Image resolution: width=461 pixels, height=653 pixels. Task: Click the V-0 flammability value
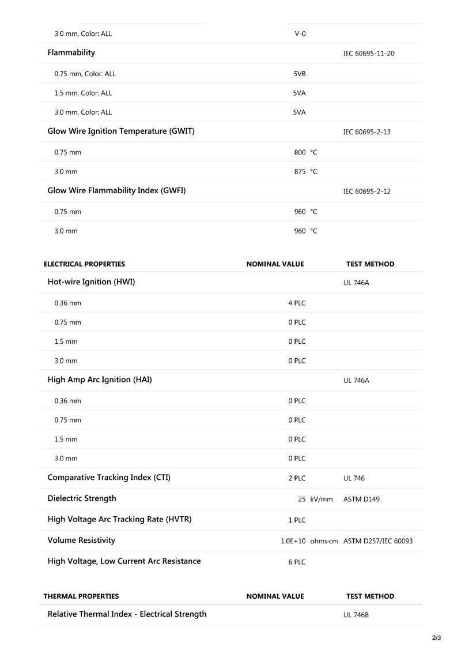pos(300,33)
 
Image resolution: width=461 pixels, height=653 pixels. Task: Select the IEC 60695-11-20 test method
pos(368,54)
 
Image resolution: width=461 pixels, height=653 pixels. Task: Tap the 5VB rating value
pos(299,74)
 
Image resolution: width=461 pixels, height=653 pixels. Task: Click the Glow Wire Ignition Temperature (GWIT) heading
pos(121,132)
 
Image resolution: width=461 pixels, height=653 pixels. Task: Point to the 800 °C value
pos(305,152)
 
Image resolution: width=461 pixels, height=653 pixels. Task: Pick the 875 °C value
pos(305,172)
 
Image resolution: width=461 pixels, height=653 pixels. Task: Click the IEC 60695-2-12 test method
pos(366,191)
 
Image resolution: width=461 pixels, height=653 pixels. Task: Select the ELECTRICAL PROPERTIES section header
pos(84,264)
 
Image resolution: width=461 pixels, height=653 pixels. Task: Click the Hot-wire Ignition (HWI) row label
pos(91,282)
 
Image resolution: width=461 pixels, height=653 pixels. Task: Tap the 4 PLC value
pos(297,303)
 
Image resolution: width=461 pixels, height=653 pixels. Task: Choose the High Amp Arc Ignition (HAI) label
pos(100,380)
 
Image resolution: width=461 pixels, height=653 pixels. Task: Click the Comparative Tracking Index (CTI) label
pos(109,478)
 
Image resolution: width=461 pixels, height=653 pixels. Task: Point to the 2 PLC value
pos(297,478)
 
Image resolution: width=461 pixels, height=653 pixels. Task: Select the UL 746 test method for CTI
pos(354,478)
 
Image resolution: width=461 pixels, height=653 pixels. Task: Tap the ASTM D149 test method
pos(361,499)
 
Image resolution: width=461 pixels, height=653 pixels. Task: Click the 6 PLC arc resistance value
pos(297,562)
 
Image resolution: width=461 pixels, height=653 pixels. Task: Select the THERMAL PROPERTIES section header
pos(81,596)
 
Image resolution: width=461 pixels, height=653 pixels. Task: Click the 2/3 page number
pos(436,637)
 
